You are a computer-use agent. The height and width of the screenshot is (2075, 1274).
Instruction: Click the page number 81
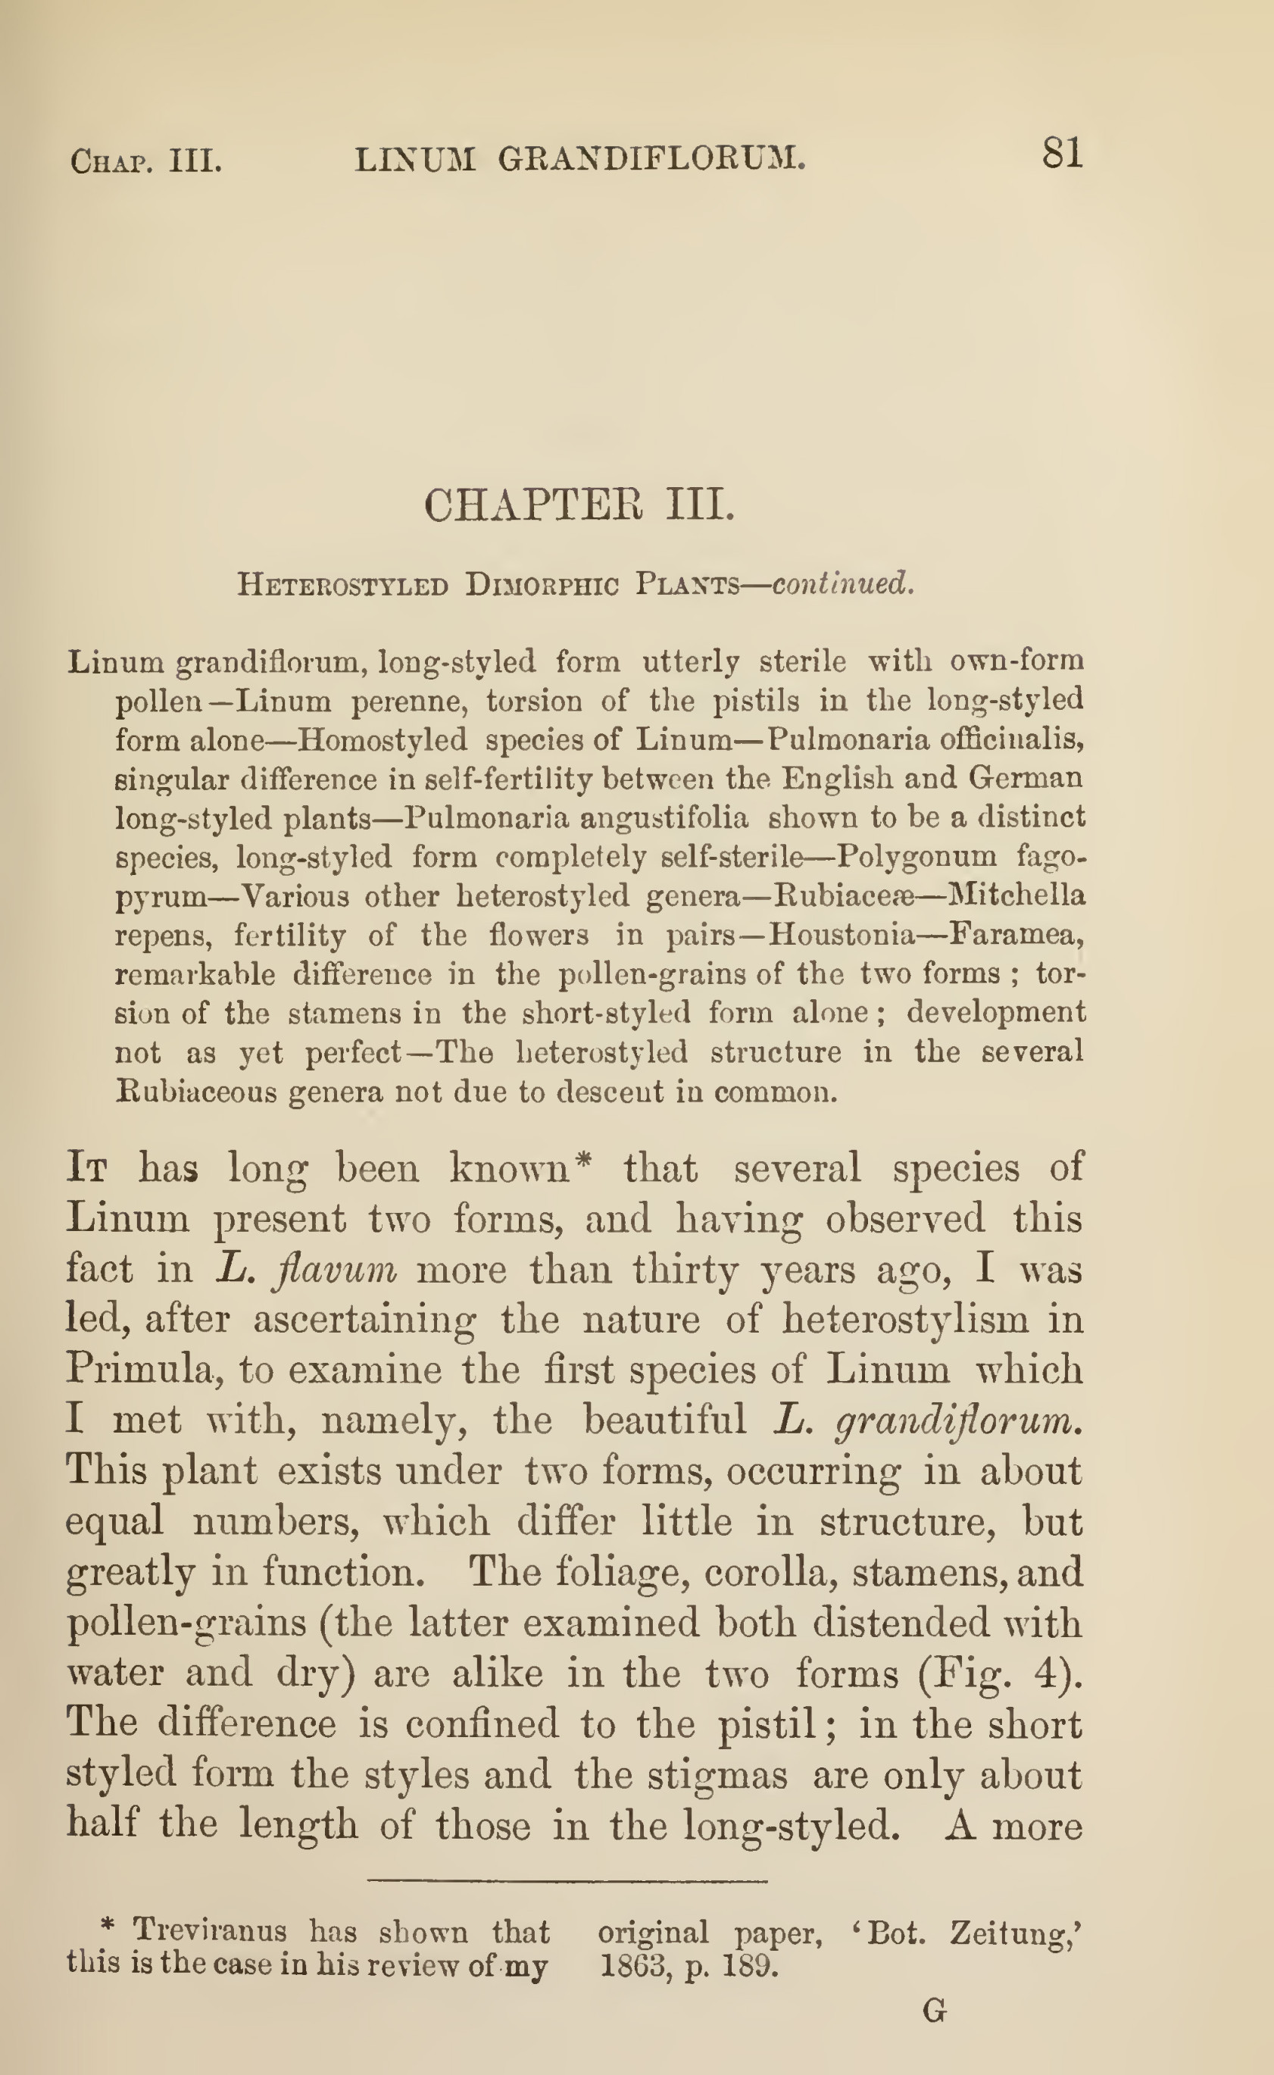click(1062, 155)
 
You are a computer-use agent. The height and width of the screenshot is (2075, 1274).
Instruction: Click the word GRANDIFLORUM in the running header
click(651, 158)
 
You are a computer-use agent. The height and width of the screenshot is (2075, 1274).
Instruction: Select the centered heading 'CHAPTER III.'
click(579, 506)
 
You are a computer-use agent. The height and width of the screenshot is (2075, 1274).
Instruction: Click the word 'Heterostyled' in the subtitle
click(342, 584)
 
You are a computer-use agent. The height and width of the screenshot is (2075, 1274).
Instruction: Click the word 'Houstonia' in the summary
click(842, 935)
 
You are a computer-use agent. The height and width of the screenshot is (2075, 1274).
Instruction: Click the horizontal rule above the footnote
click(567, 1881)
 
